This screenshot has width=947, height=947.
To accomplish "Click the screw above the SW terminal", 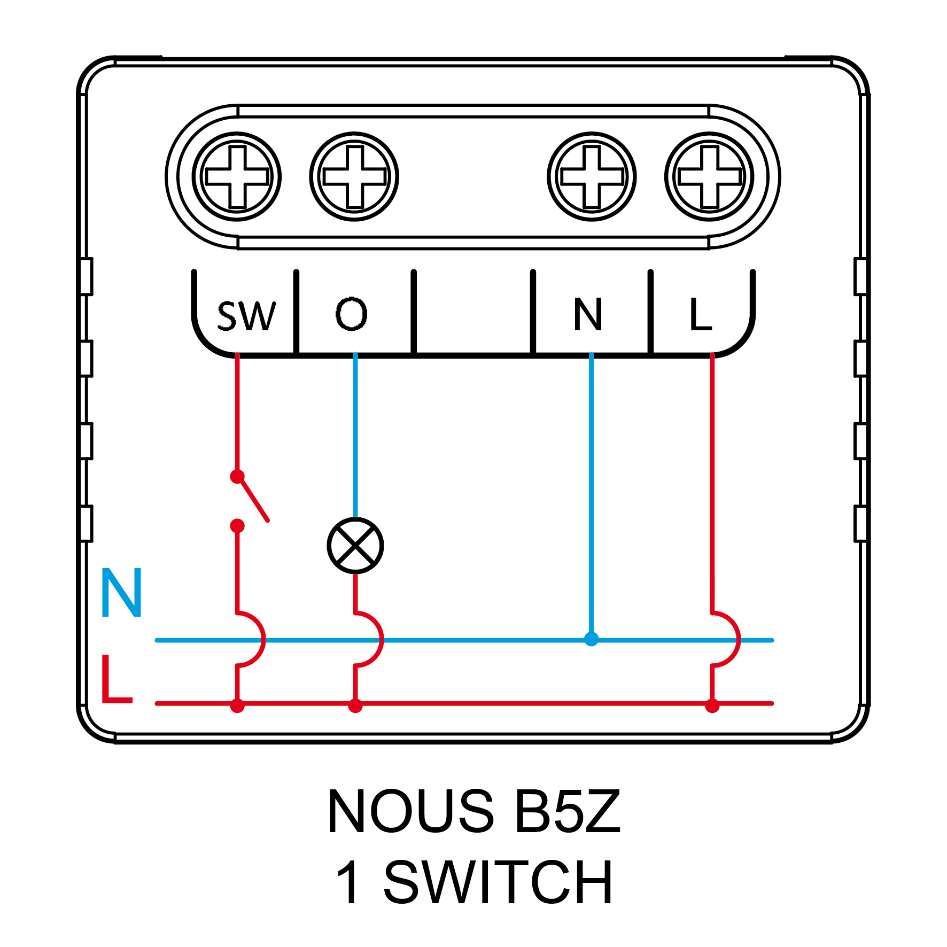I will pyautogui.click(x=237, y=176).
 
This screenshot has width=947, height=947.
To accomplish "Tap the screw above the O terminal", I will pyautogui.click(x=354, y=176).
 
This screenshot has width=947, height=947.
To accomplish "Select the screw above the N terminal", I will pyautogui.click(x=592, y=176).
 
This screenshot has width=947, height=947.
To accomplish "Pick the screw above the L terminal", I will pyautogui.click(x=709, y=176).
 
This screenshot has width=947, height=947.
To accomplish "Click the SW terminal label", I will pyautogui.click(x=246, y=315).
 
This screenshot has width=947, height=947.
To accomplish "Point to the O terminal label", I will pyautogui.click(x=351, y=314).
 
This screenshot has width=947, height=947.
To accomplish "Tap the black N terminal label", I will pyautogui.click(x=588, y=314).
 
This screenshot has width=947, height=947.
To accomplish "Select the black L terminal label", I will pyautogui.click(x=700, y=314).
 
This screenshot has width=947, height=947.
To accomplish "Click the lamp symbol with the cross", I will pyautogui.click(x=355, y=546).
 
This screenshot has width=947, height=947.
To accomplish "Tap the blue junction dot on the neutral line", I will pyautogui.click(x=591, y=639).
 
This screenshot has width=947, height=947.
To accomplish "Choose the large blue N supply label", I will pyautogui.click(x=121, y=593).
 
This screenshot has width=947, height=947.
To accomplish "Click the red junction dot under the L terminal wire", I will pyautogui.click(x=712, y=705).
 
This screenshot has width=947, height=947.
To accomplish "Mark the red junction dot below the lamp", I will pyautogui.click(x=355, y=705).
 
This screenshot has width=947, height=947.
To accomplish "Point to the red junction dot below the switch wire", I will pyautogui.click(x=237, y=705).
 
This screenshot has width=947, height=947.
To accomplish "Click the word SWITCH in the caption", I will pyautogui.click(x=498, y=883).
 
